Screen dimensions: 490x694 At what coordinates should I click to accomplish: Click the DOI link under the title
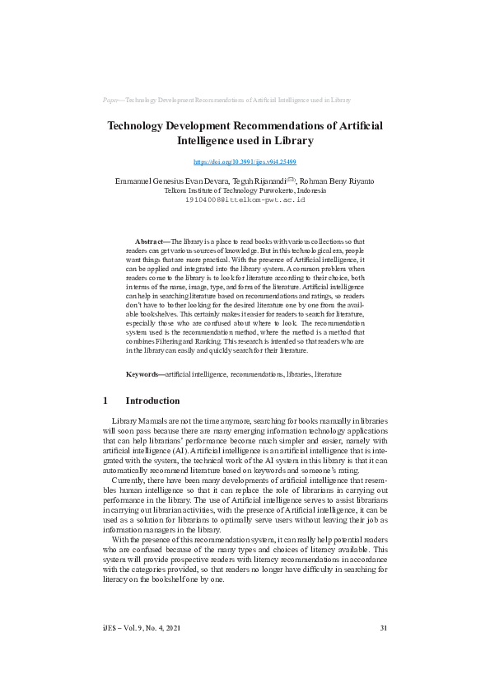coord(245,162)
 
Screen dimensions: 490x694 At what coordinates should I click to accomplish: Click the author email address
coord(245,199)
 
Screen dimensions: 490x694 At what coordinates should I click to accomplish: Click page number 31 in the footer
coord(383,629)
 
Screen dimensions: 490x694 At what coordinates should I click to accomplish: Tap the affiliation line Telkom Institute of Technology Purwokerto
coord(245,190)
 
